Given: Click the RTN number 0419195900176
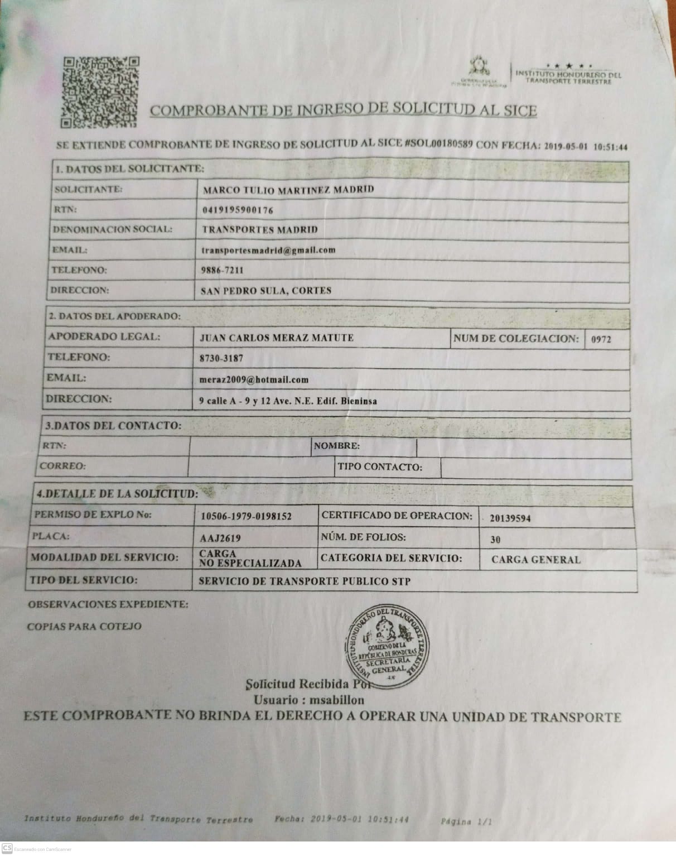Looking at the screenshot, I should (x=238, y=210).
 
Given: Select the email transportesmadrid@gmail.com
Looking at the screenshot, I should (x=268, y=250).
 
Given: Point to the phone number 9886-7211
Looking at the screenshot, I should (x=222, y=271).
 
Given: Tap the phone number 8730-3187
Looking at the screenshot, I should (x=221, y=358).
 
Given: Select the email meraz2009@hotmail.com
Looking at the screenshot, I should (x=254, y=379).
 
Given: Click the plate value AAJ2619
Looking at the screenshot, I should (x=220, y=539).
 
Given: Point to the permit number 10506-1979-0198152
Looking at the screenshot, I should (x=245, y=517).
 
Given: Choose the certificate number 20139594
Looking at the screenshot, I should (x=510, y=518).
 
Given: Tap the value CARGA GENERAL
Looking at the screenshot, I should (x=535, y=560).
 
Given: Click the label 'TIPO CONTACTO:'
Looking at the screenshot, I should (x=380, y=468).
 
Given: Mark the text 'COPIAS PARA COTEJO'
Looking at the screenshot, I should (x=84, y=626).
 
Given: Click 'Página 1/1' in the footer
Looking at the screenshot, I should (x=466, y=821).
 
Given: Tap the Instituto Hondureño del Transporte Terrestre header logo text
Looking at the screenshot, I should (x=568, y=77).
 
